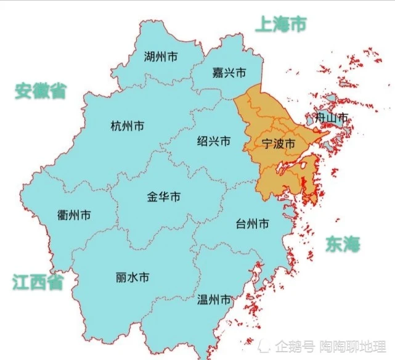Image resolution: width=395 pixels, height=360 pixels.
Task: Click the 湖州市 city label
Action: click(160, 57)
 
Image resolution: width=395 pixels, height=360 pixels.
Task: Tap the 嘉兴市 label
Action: click(229, 73)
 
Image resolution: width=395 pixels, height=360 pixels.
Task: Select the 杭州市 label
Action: click(127, 126)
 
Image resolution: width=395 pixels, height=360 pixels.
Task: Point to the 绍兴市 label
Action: click(213, 141)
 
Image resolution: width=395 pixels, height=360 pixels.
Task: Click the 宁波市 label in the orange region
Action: click(279, 144)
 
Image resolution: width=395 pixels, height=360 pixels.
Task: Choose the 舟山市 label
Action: click(331, 117)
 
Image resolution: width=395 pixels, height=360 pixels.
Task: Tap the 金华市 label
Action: click(164, 197)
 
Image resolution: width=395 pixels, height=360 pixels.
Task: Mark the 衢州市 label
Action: click(74, 215)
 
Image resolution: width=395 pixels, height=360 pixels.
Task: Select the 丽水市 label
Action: click(132, 277)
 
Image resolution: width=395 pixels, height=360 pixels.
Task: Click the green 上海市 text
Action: click(280, 24)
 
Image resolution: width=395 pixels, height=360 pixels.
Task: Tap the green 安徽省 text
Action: click(41, 92)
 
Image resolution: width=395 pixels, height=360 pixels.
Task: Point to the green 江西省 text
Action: click(38, 282)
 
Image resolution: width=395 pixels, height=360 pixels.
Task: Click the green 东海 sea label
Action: click(343, 244)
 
